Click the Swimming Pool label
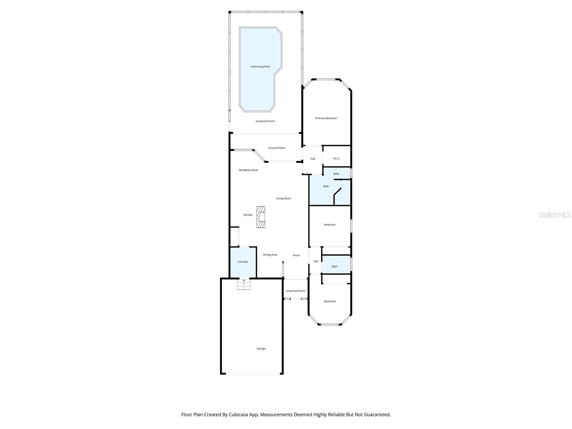pos(260,66)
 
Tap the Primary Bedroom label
pos(326,118)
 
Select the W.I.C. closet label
pos(337,158)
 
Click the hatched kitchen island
pos(261,217)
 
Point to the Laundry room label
pos(243,262)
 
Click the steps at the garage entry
pos(244,285)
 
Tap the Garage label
pos(261,349)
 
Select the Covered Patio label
pos(277,148)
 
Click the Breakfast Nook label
pos(248,170)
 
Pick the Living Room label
pos(283,198)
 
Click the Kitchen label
pos(248,215)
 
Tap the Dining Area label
pos(270,255)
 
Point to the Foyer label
pos(296,255)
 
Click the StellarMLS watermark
pos(554,214)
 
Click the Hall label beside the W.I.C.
pos(313,159)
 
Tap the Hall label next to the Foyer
pos(316,261)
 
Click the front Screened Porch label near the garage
pos(296,291)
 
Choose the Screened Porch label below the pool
pos(265,121)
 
